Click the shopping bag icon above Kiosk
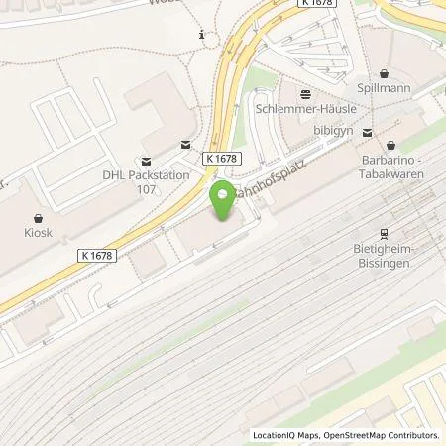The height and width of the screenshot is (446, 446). pyautogui.click(x=39, y=216)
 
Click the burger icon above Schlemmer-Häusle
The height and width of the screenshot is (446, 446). pyautogui.click(x=305, y=94)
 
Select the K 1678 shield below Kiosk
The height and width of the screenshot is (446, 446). pyautogui.click(x=95, y=255)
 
